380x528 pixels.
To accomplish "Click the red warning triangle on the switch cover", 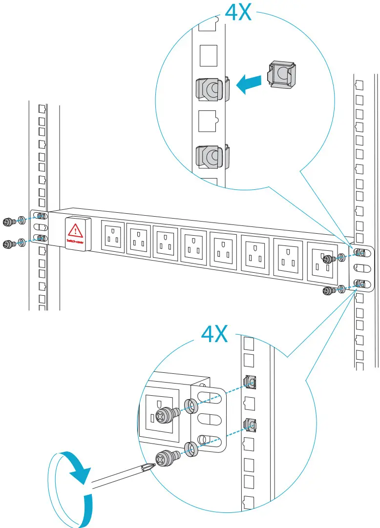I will click(x=75, y=230).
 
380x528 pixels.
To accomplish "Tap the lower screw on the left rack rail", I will click(x=8, y=244).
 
